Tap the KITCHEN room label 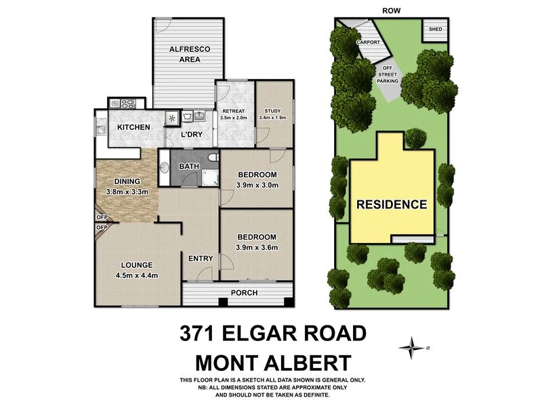134,127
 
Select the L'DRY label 191,135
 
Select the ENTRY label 201,258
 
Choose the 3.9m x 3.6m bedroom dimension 257,247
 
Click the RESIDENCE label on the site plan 392,204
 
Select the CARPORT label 368,42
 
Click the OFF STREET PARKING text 388,74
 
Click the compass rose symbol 410,348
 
